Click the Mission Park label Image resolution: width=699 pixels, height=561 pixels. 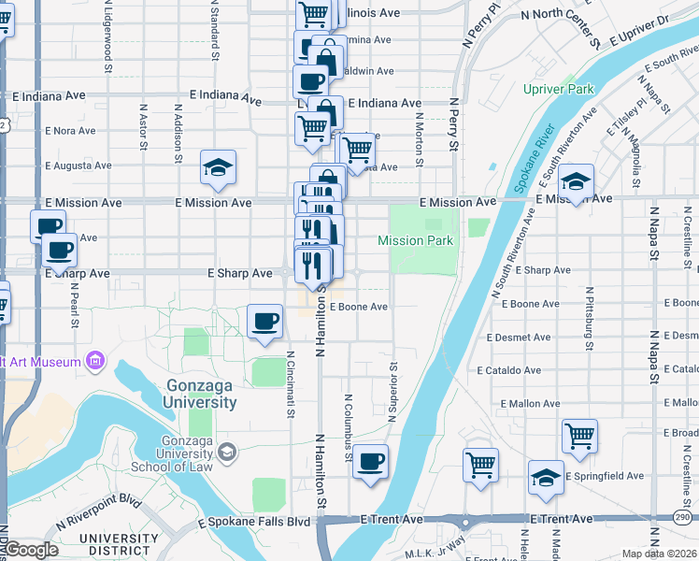click(415, 241)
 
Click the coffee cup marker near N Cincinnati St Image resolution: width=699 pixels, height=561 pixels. click(265, 323)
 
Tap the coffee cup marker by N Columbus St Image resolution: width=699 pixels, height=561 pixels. click(371, 461)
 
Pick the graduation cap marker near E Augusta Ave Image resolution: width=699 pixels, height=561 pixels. click(219, 168)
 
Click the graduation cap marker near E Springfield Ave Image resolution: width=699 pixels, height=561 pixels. click(546, 478)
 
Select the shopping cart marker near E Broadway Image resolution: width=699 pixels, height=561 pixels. click(579, 436)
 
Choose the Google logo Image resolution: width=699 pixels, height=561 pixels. click(30, 550)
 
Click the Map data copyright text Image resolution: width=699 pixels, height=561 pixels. click(658, 554)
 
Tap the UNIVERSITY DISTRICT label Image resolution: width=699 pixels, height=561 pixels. click(119, 545)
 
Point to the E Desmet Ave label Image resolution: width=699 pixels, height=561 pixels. click(520, 337)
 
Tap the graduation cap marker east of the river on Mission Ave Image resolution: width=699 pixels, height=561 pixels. click(577, 181)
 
